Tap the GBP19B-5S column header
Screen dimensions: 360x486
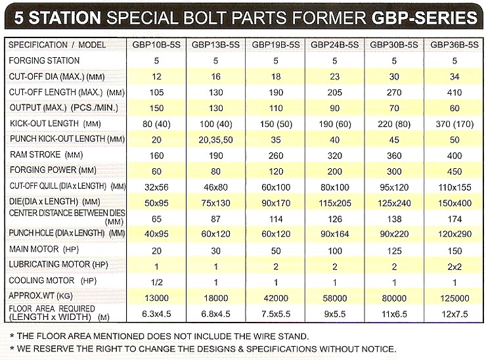coord(276,45)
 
